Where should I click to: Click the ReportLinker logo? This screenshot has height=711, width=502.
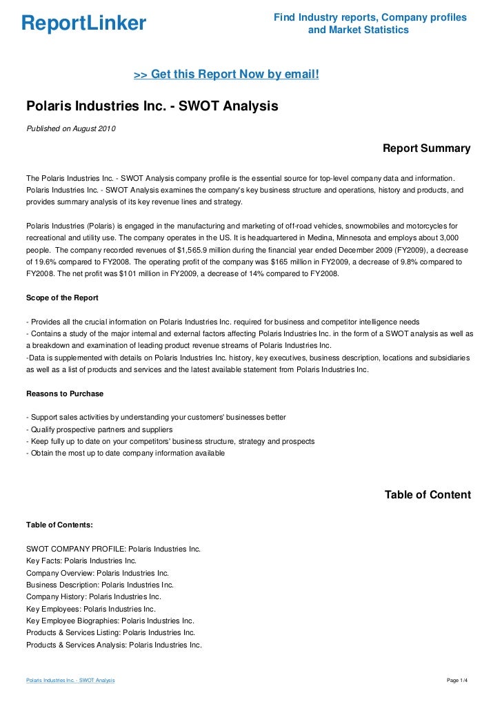coord(84,24)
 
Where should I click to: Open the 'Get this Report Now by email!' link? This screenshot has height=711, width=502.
coord(226,73)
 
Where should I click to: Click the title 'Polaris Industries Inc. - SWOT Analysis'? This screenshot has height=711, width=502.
coord(152,107)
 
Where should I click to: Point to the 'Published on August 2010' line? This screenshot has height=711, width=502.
coord(71,129)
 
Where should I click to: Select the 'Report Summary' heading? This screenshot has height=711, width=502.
coord(426,148)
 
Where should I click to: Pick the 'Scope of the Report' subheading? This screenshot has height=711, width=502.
coord(62,298)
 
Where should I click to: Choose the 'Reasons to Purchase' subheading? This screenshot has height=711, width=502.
coord(65,393)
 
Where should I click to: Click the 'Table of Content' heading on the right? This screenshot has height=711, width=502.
coord(428,495)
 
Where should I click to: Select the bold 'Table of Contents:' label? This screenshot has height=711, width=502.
coord(59,525)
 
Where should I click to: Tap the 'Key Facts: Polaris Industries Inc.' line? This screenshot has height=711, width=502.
coord(81,561)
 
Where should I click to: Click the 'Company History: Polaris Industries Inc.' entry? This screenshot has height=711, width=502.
coord(94,596)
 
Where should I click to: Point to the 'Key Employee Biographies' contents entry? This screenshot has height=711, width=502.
coord(110,621)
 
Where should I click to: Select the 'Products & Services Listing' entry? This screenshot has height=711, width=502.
coord(110,632)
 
